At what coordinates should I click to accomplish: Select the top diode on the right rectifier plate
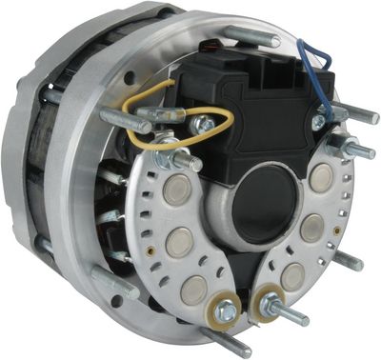[322, 176]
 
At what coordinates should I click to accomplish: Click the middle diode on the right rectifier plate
[312, 227]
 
